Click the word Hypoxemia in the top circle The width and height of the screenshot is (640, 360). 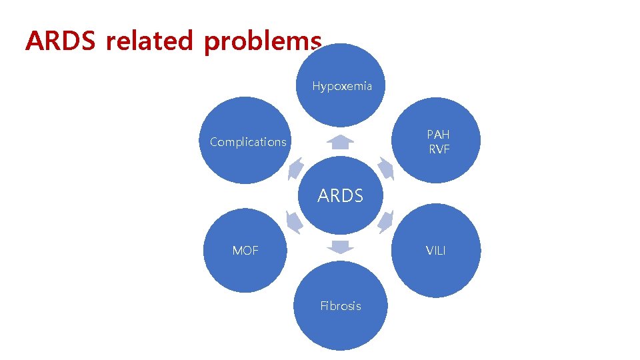(342, 87)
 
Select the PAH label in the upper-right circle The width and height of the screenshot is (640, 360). (439, 135)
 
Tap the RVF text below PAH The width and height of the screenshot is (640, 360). (439, 149)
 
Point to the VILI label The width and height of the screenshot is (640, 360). (436, 251)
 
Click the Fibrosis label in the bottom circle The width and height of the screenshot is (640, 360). (340, 306)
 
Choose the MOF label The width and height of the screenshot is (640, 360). (245, 251)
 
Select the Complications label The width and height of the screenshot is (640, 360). (248, 142)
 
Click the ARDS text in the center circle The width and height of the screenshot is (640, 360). (340, 196)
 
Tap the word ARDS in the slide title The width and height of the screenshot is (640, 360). (61, 41)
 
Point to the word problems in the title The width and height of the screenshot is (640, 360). (263, 41)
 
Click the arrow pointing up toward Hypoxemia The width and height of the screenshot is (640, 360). (341, 142)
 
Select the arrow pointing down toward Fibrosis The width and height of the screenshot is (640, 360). (341, 247)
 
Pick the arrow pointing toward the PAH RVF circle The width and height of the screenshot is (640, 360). (385, 169)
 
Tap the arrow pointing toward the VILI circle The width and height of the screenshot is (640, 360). (385, 221)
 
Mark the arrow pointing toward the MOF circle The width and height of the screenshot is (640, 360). (294, 221)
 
